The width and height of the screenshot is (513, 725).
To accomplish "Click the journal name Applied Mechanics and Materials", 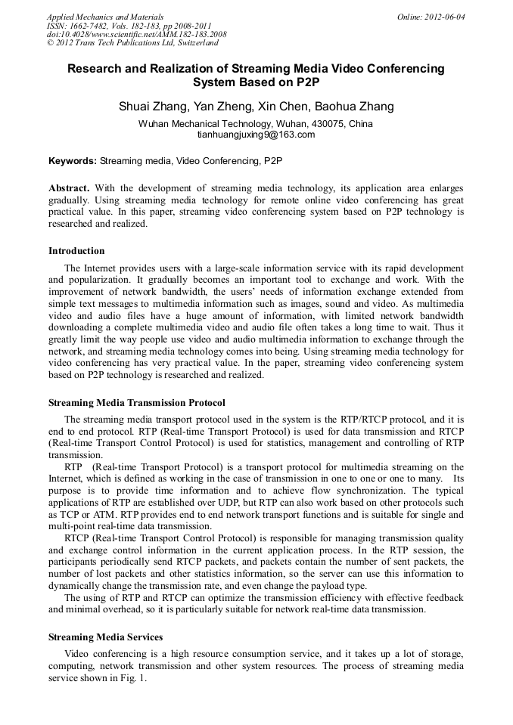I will (104, 16).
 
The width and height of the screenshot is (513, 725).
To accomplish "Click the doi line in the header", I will (136, 34).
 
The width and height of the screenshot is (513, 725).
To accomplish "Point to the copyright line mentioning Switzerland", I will (132, 43).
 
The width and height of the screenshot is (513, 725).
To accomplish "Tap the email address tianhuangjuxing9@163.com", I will (256, 135).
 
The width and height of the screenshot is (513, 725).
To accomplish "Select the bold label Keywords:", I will (73, 161).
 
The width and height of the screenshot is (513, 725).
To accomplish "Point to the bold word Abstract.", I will (69, 187).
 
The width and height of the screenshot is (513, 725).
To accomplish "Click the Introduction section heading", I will (76, 251).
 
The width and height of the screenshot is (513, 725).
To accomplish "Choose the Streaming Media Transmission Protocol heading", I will (136, 402).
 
